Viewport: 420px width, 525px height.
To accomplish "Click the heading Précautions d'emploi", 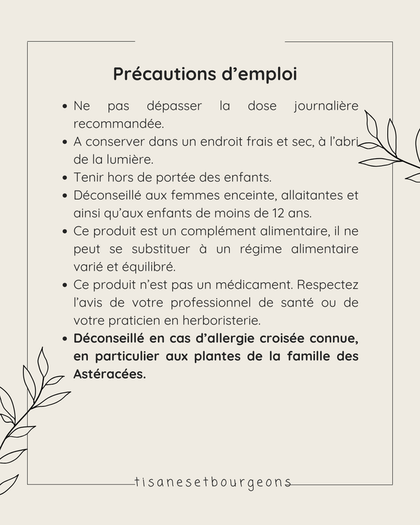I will (205, 73).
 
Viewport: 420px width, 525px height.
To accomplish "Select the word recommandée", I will (118, 123).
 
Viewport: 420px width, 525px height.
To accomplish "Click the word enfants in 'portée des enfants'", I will (229, 177).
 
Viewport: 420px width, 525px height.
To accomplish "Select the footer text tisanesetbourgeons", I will (211, 482).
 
